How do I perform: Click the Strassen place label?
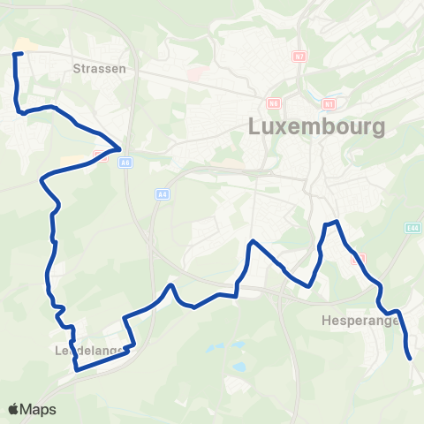coord(100,67)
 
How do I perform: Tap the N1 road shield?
coord(329,103)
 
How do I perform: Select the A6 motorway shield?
coord(126,163)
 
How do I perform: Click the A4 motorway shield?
coord(162,193)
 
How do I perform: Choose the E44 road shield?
coord(413,228)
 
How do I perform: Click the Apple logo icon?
coord(13,409)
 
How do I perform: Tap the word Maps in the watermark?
coord(38,409)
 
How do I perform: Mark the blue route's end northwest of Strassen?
coord(14,54)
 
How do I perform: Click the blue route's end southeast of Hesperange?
coord(411,359)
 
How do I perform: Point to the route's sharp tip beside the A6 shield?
coord(120,148)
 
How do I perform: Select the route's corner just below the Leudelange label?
coord(75,370)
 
